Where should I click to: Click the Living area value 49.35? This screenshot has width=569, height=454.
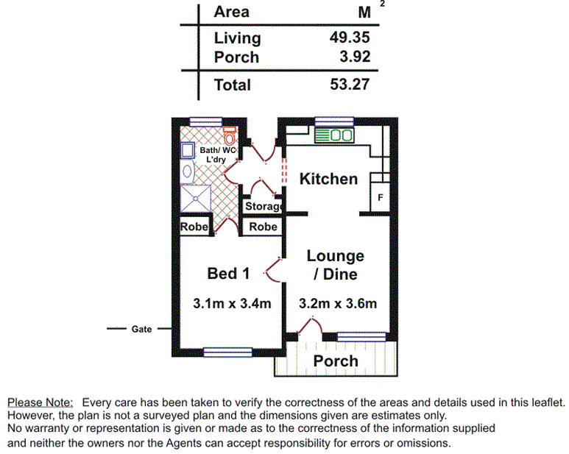pos(350,38)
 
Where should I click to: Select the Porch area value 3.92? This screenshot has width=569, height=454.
pos(354,57)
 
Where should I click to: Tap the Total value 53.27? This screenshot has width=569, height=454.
pos(350,85)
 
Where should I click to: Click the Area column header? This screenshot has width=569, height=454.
pos(231,12)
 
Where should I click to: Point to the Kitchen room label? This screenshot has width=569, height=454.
pos(328,179)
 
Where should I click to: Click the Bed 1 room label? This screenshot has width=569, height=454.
pos(228,274)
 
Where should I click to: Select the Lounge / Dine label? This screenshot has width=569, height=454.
pos(335,265)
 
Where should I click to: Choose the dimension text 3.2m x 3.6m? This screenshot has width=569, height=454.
pos(338,303)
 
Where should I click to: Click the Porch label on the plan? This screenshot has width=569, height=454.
pos(336,361)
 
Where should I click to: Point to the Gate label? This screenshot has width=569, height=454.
pos(141,329)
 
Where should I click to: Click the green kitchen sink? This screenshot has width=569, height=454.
pos(334,135)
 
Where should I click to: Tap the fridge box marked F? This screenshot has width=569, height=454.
pos(380,198)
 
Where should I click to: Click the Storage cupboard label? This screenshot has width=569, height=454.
pos(263,207)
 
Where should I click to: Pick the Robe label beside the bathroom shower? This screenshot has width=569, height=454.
pos(194,227)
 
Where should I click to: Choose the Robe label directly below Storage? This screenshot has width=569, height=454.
pos(263,227)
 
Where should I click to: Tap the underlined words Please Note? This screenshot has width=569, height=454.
pos(40,402)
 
